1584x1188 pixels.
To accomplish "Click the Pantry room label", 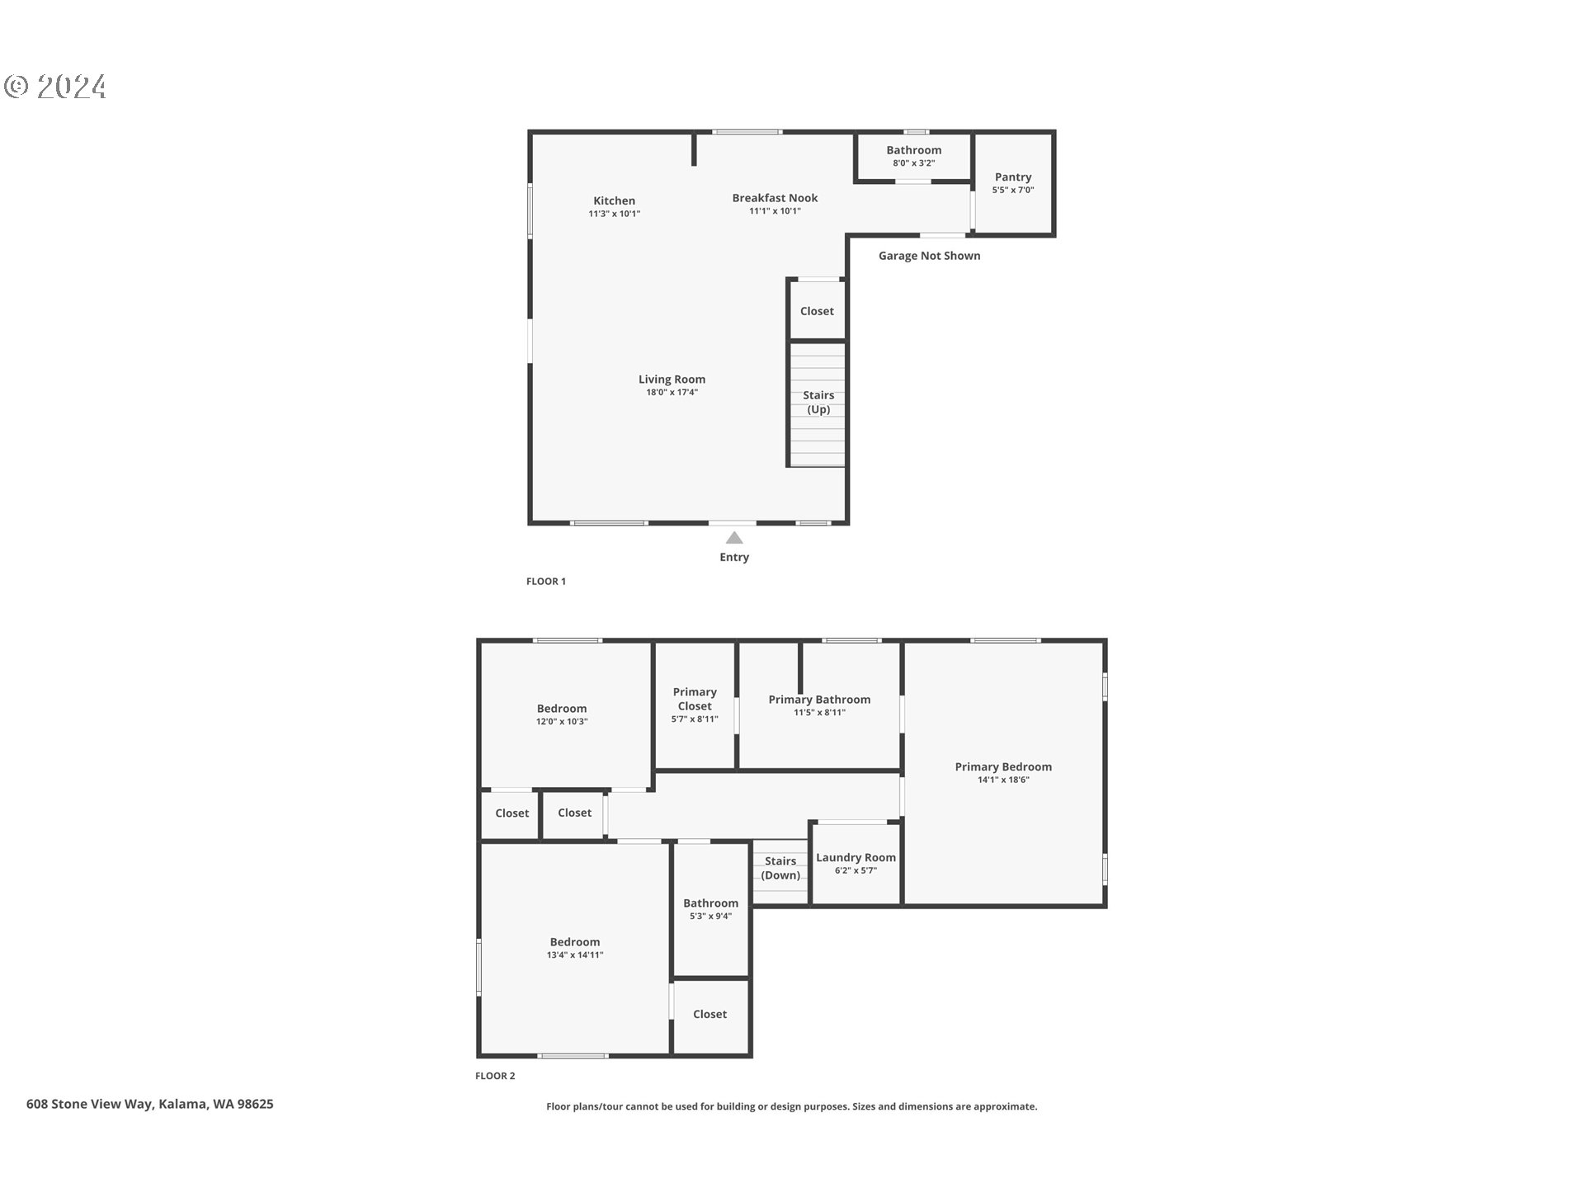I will [1013, 177].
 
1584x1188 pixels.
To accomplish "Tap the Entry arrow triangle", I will [734, 538].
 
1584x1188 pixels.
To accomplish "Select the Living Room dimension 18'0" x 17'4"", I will [672, 393].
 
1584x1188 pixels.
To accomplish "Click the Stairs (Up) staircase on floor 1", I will [818, 403].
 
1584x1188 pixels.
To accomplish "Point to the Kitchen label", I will [614, 200].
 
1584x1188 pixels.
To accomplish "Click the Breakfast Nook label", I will [775, 198].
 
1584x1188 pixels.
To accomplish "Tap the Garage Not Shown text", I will [929, 256].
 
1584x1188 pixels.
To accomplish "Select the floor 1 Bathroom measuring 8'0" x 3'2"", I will [913, 156].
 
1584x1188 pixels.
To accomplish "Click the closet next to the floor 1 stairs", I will [817, 311].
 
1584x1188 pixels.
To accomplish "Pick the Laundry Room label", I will [856, 858].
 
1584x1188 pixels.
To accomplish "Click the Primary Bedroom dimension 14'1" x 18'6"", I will [1003, 780].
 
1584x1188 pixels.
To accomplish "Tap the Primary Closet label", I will [695, 699].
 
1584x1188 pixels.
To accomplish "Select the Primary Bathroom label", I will [819, 700].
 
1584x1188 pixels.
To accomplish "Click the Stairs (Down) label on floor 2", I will [780, 868].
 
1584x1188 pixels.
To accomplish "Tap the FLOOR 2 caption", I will [495, 1076].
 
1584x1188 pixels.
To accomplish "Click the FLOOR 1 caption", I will [546, 582].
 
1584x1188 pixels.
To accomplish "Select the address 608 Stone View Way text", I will [149, 1104].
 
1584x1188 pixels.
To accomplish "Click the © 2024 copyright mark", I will [55, 87].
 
